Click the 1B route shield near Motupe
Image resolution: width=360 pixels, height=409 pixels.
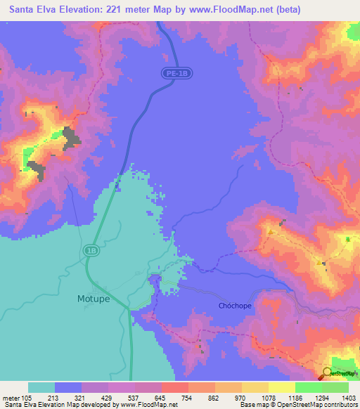click(x=91, y=249)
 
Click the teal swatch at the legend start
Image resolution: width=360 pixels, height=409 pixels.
click(x=41, y=387)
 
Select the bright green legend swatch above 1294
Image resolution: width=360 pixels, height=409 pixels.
click(x=309, y=387)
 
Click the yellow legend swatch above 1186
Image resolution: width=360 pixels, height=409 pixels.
click(x=282, y=387)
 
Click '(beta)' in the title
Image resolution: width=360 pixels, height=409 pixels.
click(x=288, y=10)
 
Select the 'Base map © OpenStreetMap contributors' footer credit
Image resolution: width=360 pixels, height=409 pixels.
click(x=297, y=405)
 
